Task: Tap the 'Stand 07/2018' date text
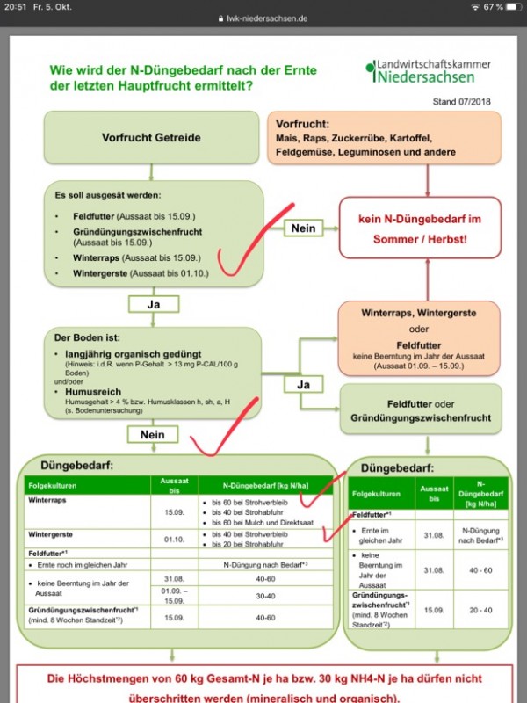click(464, 102)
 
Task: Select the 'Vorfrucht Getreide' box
click(152, 138)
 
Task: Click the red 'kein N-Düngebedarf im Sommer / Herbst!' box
click(421, 227)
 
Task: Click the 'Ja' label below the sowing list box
click(152, 304)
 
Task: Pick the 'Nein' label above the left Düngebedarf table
click(152, 434)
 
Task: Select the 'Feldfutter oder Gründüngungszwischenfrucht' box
click(420, 408)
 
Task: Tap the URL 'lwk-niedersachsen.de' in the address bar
click(267, 18)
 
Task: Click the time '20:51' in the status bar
click(15, 7)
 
